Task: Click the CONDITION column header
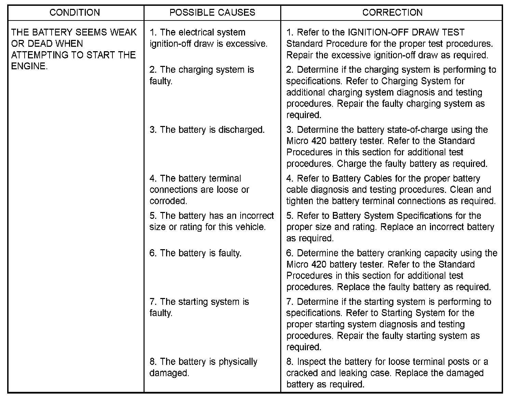point(75,13)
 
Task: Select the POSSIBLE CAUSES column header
point(212,13)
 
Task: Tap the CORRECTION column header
point(392,13)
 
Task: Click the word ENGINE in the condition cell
point(28,66)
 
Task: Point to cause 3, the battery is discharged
point(207,130)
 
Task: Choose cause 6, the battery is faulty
point(195,253)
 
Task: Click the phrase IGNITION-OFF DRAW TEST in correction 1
point(406,32)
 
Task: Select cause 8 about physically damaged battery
point(203,367)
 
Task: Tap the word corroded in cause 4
point(168,201)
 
